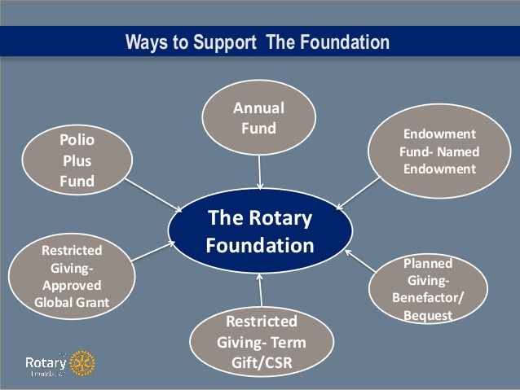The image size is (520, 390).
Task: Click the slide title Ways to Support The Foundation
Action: click(258, 42)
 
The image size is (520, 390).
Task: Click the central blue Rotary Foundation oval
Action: click(260, 231)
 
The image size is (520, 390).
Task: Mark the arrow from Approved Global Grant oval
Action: click(150, 253)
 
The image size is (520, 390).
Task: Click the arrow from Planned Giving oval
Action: click(359, 261)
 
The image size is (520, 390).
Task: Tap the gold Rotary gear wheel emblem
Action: click(82, 363)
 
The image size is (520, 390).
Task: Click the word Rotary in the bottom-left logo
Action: click(45, 361)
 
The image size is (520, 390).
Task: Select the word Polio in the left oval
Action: click(77, 140)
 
